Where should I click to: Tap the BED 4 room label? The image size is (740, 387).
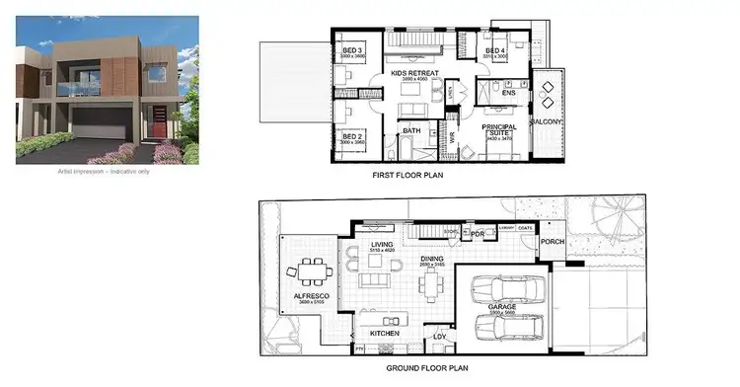click(x=496, y=50)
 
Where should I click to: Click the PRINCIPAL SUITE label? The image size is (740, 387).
click(x=498, y=129)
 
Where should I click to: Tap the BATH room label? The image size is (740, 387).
click(x=413, y=128)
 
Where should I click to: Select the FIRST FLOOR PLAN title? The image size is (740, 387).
click(x=406, y=177)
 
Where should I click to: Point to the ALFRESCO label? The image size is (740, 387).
click(x=310, y=295)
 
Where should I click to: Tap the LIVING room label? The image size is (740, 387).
click(x=382, y=246)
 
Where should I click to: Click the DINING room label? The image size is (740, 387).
click(x=432, y=259)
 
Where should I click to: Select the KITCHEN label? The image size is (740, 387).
click(x=385, y=334)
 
